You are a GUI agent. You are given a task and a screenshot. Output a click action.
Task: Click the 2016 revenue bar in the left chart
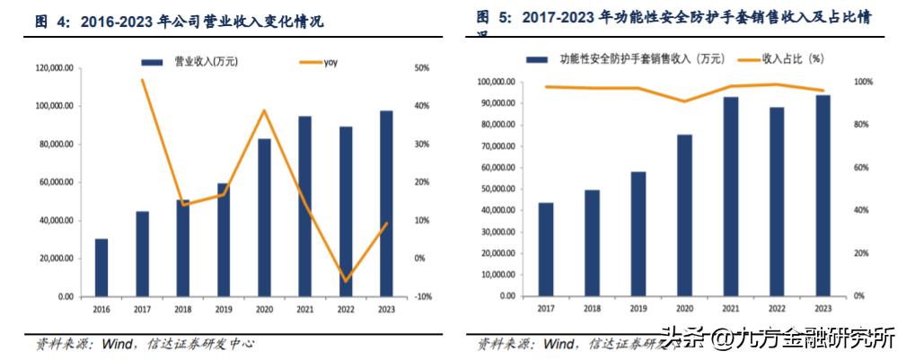tap(101, 268)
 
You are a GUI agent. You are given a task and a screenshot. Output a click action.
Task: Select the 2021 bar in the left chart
tap(305, 206)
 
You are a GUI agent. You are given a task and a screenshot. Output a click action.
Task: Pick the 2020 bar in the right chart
tap(684, 215)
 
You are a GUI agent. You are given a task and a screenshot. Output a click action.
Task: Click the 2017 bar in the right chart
tap(546, 250)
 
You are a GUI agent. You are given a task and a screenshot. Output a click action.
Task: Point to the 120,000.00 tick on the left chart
tap(55, 68)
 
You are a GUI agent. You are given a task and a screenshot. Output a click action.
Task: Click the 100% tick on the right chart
tap(862, 82)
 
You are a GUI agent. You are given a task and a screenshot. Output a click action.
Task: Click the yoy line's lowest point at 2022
tap(346, 281)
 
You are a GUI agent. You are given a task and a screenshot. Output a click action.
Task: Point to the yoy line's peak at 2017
tap(142, 80)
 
